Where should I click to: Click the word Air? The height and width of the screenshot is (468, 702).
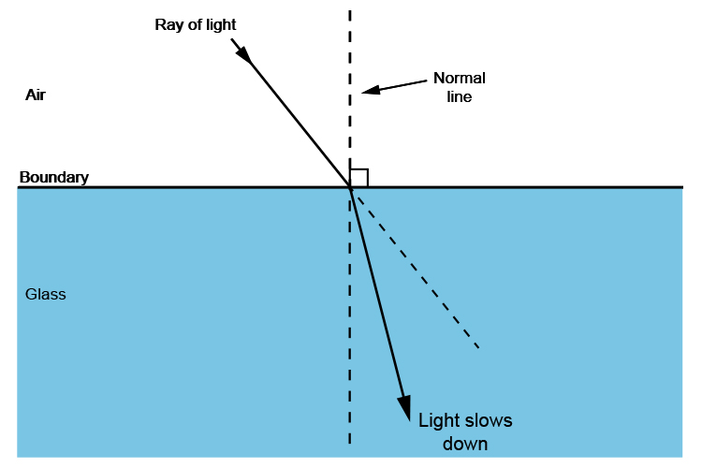point(36,95)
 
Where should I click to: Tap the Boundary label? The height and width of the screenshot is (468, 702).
point(54,177)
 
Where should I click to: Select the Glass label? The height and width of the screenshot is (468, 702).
point(45,294)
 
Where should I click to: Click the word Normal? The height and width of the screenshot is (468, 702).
point(459,79)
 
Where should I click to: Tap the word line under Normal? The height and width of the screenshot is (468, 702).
point(459,97)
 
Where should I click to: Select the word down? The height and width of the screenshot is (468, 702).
point(465,443)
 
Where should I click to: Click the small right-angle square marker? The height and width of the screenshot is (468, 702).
point(359,178)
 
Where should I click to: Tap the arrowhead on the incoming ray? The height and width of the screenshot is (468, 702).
point(243,53)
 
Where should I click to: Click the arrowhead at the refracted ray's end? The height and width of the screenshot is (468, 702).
point(404,408)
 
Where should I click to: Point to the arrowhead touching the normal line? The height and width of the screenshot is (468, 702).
point(369,91)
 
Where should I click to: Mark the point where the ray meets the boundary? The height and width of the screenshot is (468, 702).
point(351,187)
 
